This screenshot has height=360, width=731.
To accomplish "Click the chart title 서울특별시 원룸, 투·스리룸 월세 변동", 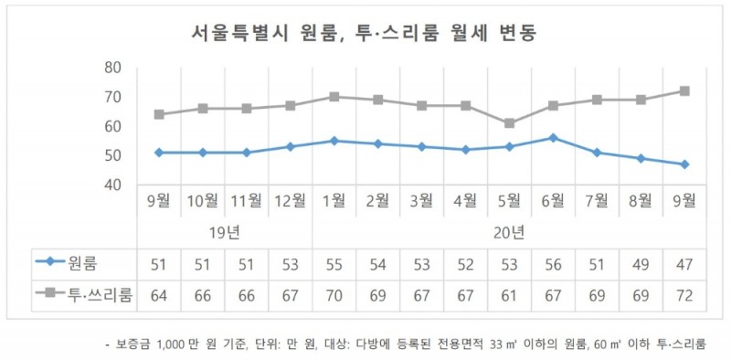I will click(363, 34).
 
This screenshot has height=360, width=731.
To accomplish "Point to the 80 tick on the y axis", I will click(113, 68).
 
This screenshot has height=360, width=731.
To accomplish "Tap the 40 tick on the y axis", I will click(113, 185).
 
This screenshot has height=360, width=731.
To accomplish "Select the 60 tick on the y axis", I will click(113, 126).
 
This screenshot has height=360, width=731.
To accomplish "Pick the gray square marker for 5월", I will click(510, 123).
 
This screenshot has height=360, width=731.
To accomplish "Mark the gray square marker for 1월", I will click(334, 97).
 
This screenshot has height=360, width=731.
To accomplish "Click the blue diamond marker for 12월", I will click(291, 146).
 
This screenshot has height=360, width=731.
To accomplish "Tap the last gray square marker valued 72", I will click(684, 91).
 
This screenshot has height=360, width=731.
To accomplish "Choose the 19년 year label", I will click(225, 232).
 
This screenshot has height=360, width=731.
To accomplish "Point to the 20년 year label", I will click(509, 232).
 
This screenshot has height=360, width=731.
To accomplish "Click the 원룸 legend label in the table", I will click(88, 264).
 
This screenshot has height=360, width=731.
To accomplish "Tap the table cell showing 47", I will click(684, 264).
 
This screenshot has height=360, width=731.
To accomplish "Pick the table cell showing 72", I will click(684, 294).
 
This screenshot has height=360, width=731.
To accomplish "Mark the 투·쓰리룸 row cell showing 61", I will click(510, 294).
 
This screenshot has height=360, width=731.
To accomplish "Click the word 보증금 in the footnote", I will click(133, 345).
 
